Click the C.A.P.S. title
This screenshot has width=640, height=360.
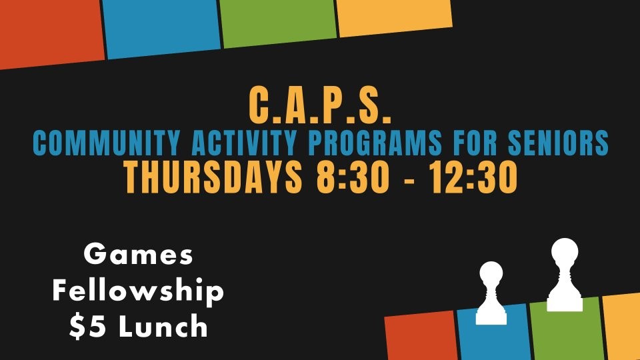pos(320,105)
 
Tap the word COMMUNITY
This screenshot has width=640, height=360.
pos(106,143)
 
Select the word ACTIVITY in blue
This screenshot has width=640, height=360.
pos(244,143)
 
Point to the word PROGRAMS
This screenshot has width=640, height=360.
pos(375,143)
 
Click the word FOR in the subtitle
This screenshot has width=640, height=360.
pos(475,143)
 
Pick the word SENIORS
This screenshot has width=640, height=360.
pos(559,143)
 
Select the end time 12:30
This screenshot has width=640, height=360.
pos(473,177)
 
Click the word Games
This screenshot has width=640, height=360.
pos(138,254)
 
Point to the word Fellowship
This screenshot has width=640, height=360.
pos(138,290)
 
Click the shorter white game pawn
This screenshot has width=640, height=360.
pos(491,294)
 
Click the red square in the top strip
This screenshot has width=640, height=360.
pos(51,33)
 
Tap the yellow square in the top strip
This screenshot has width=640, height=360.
pos(394,16)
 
